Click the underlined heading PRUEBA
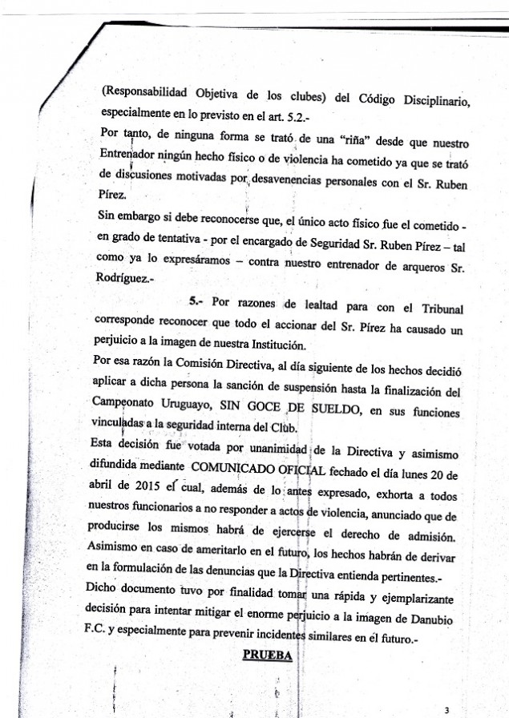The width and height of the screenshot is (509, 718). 269,655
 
